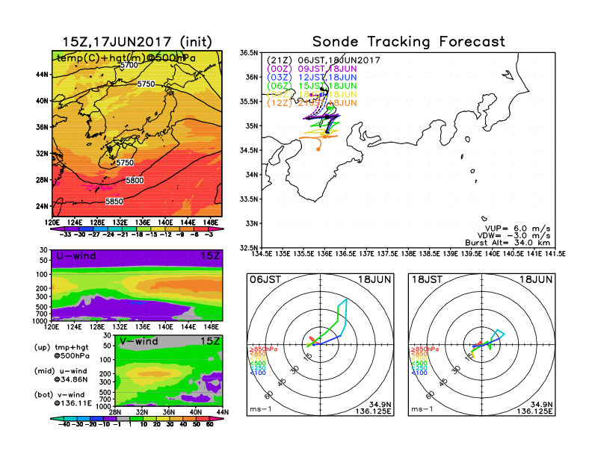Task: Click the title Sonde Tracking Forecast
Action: pyautogui.click(x=408, y=42)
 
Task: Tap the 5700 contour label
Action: pyautogui.click(x=129, y=66)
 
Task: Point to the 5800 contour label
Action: pyautogui.click(x=135, y=181)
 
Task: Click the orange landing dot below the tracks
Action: pyautogui.click(x=318, y=149)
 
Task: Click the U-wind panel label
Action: pyautogui.click(x=74, y=257)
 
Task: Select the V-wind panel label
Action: pyautogui.click(x=140, y=341)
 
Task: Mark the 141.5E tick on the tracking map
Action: pyautogui.click(x=552, y=254)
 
